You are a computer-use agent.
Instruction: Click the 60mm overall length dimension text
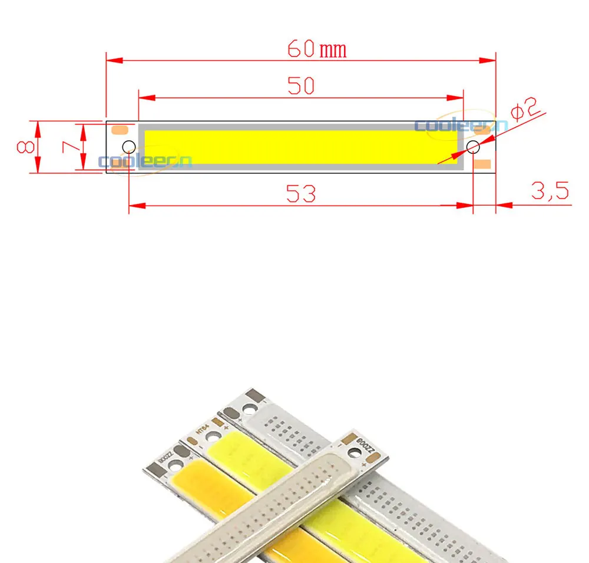coord(317,48)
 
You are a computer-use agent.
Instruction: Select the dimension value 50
coord(301,86)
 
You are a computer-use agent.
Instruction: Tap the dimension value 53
coord(301,193)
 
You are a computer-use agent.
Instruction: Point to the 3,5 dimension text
coord(550,191)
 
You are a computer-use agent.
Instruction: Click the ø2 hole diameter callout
coord(524,110)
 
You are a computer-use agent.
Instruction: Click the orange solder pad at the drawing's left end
coord(120,129)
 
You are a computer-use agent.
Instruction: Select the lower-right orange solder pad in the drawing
coord(483,163)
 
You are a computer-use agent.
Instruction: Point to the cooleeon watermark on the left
coord(145,161)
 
